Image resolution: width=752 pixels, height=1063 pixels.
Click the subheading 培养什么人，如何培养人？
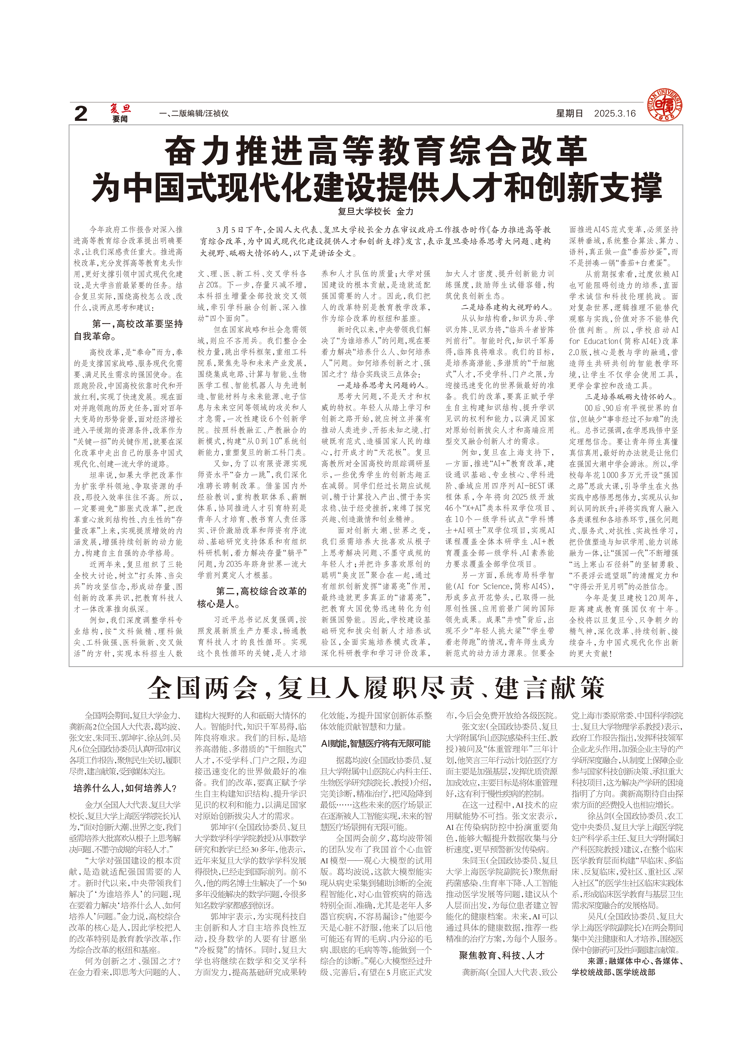pos(125,788)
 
